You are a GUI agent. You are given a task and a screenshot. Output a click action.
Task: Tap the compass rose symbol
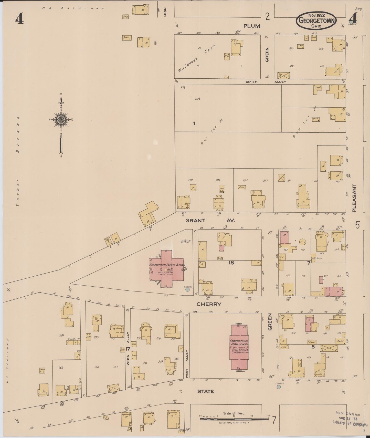tap(61, 119)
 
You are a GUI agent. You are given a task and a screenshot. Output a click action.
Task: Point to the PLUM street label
tap(252, 26)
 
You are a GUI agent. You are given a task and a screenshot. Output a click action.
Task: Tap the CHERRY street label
tap(209, 304)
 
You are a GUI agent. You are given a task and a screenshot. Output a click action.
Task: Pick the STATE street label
tap(206, 391)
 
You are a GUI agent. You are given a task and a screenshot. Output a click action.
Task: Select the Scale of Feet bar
tap(234, 419)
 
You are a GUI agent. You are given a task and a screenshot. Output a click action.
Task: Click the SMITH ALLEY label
tap(265, 82)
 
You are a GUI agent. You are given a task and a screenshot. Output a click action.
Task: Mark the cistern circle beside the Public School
tap(187, 289)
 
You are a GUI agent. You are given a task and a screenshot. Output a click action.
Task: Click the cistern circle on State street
tap(279, 387)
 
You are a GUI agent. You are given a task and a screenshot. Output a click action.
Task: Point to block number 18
tap(231, 263)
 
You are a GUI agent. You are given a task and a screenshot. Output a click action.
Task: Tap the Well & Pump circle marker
tap(182, 242)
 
